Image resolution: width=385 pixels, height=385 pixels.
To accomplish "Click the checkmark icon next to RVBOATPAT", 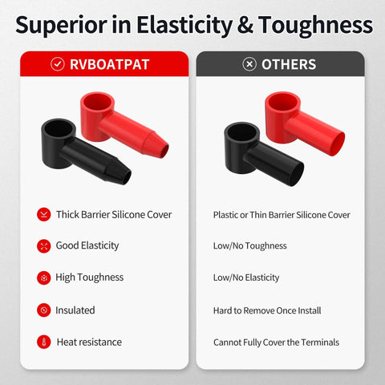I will click(x=58, y=64).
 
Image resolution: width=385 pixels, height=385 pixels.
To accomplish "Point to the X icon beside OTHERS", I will click(x=249, y=64).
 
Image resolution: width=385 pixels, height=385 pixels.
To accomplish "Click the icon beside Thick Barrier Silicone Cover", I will click(x=43, y=214).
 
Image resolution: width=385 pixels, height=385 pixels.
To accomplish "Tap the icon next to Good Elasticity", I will click(x=43, y=246).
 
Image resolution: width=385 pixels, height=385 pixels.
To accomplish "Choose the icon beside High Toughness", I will click(x=43, y=278).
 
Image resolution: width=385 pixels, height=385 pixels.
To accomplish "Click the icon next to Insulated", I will click(x=43, y=310).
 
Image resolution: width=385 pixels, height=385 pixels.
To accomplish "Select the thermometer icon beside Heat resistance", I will click(x=43, y=342).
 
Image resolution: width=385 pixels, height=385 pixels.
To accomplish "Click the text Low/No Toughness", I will click(x=249, y=246).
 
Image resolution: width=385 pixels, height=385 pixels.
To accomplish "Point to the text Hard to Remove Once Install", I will click(x=268, y=310).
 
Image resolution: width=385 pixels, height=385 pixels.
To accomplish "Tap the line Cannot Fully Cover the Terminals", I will click(x=276, y=342).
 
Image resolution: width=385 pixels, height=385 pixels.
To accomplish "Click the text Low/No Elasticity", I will click(x=246, y=278).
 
